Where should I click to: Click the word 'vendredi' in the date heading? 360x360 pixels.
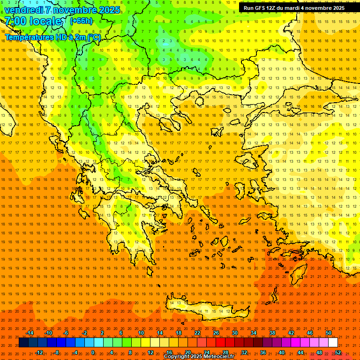[x=23, y=10]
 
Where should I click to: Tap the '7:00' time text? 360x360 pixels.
[x=15, y=21]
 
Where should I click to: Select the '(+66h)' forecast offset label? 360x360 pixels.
[x=81, y=21]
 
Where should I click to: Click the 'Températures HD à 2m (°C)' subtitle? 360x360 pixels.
[x=53, y=37]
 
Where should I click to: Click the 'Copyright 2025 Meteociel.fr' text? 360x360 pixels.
[x=199, y=357]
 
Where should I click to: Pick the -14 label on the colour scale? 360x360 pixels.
[x=30, y=333]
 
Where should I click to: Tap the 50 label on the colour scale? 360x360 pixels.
[x=328, y=333]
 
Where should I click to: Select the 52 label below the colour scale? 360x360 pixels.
[x=337, y=352]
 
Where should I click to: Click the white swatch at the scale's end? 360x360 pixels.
[x=333, y=343]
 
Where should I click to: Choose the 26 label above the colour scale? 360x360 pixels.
[x=216, y=333]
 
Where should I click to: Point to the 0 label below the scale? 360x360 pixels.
[x=93, y=352]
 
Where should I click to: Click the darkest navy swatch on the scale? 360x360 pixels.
[x=23, y=343]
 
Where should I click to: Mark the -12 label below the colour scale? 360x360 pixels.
[x=39, y=352]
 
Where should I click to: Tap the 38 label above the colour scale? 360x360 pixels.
[x=272, y=333]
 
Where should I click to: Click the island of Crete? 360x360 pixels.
[x=202, y=309]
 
